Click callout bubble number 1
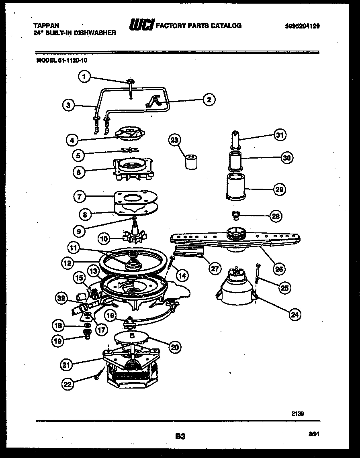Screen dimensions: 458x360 [84, 77]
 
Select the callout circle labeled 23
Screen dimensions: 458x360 [175, 140]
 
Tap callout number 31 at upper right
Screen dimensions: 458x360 [280, 135]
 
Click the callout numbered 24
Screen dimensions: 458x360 [295, 315]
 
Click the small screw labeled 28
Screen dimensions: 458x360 [236, 216]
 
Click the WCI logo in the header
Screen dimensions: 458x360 [141, 26]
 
